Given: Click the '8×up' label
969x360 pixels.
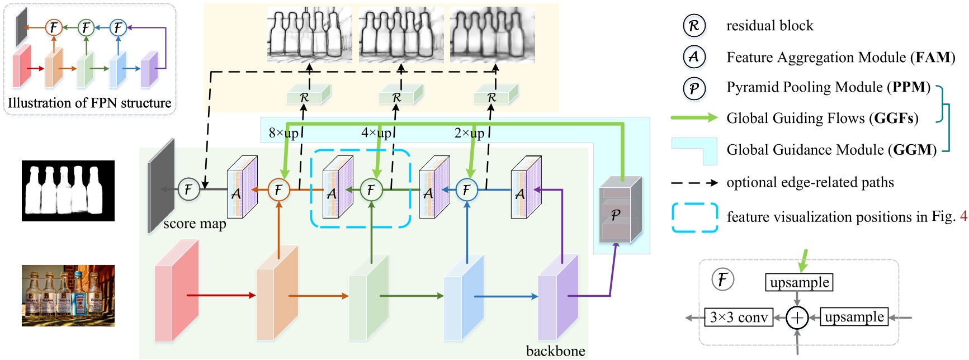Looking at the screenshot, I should tap(283, 133).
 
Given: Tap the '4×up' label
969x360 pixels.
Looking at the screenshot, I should tap(376, 133).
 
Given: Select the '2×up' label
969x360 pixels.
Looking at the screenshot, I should tap(469, 133).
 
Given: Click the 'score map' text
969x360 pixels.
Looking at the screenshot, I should tap(195, 224).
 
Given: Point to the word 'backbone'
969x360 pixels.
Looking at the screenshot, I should tap(555, 350).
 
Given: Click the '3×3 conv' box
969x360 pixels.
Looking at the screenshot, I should tap(739, 318).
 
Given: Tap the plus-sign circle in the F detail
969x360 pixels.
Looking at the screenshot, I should tap(797, 318).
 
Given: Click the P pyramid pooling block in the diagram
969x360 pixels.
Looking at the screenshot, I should tap(619, 212).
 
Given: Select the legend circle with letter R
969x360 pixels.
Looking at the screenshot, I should tap(694, 26).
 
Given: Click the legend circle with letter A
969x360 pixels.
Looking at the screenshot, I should tap(694, 56).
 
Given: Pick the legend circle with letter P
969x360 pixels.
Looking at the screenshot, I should tap(694, 88).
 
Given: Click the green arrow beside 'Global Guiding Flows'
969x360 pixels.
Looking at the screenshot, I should tap(694, 117).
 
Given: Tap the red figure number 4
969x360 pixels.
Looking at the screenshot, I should tap(963, 217).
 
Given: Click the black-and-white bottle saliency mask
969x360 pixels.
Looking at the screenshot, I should tap(68, 191).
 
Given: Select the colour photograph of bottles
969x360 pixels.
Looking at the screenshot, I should tap(68, 295).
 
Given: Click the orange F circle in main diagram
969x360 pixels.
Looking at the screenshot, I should tap(278, 190).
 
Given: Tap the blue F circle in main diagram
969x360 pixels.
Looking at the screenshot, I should tap(466, 190).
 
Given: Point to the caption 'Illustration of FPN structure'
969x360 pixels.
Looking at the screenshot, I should tap(89, 103).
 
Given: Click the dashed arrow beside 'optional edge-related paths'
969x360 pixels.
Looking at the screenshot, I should tap(694, 183).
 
